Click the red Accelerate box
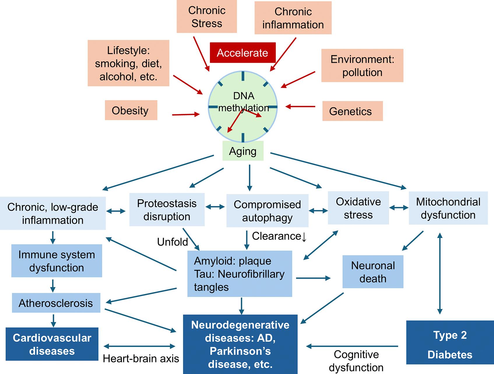pos(242,53)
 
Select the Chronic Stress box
pos(207,17)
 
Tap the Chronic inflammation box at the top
pos(293,18)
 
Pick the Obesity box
pos(131,110)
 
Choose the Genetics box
pos(352,111)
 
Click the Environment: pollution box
pos(362,65)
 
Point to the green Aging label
pos(243,151)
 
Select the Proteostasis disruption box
pos(167,209)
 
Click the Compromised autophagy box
pos(267,211)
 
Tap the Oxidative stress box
pos(358,208)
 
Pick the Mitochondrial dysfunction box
pos(448,208)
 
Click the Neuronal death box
pos(373,272)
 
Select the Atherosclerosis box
pos(56,303)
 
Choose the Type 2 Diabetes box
pos(450,342)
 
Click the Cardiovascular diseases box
pos(52,344)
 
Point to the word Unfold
pos(173,242)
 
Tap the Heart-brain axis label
pos(141,359)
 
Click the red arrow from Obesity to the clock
pos(186,114)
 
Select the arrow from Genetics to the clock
pos(300,107)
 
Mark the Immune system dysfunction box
pos(57,261)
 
